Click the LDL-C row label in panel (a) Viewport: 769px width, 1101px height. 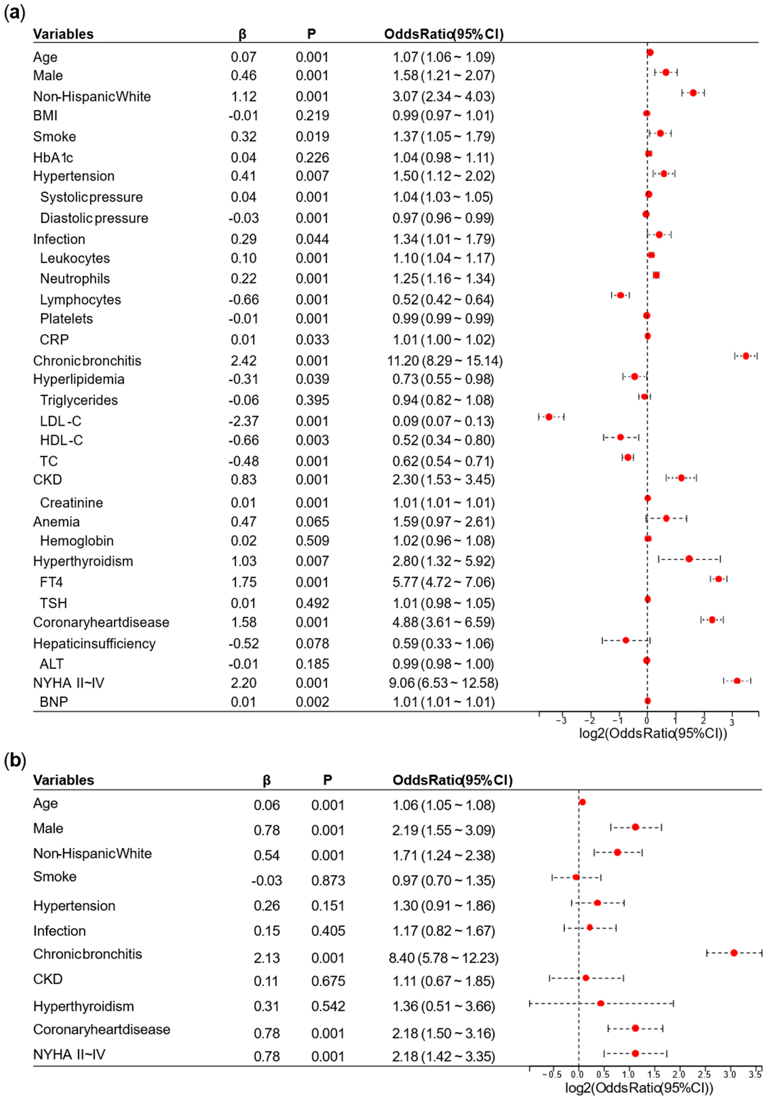[x=60, y=421]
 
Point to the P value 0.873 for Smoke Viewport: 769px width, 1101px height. [x=328, y=880]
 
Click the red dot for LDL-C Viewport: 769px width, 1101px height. [x=549, y=417]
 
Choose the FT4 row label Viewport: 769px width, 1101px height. [x=51, y=582]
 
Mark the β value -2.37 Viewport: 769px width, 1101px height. [x=244, y=421]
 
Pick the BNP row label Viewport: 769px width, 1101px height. [x=54, y=702]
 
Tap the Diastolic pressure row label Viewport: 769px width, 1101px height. [x=94, y=218]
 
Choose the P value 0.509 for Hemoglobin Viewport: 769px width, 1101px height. [x=312, y=541]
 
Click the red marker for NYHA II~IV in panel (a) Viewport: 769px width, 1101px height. [x=737, y=680]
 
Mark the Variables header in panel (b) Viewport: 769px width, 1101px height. [x=63, y=780]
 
